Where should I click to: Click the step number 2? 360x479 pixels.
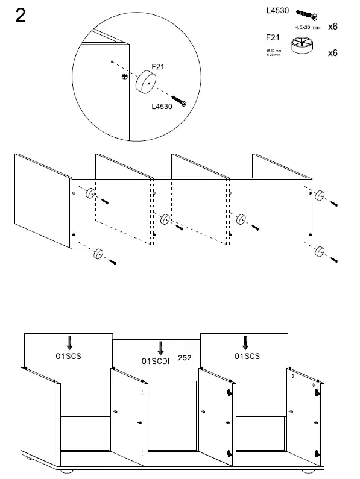click(20, 16)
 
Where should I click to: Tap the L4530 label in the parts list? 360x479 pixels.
click(277, 11)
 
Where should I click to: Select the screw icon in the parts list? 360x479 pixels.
click(307, 16)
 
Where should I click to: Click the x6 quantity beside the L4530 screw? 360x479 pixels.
click(332, 27)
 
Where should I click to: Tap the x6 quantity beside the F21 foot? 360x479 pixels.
click(332, 53)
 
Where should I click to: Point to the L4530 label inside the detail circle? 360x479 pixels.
click(162, 107)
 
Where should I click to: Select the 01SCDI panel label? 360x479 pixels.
click(155, 361)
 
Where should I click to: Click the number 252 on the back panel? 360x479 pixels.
click(185, 357)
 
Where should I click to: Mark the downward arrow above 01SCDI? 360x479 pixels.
click(160, 348)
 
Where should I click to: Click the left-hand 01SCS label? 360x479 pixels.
click(69, 356)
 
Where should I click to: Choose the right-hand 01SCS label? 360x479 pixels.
click(247, 356)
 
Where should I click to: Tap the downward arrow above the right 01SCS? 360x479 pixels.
click(245, 342)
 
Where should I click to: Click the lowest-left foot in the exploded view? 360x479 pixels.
click(97, 255)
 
